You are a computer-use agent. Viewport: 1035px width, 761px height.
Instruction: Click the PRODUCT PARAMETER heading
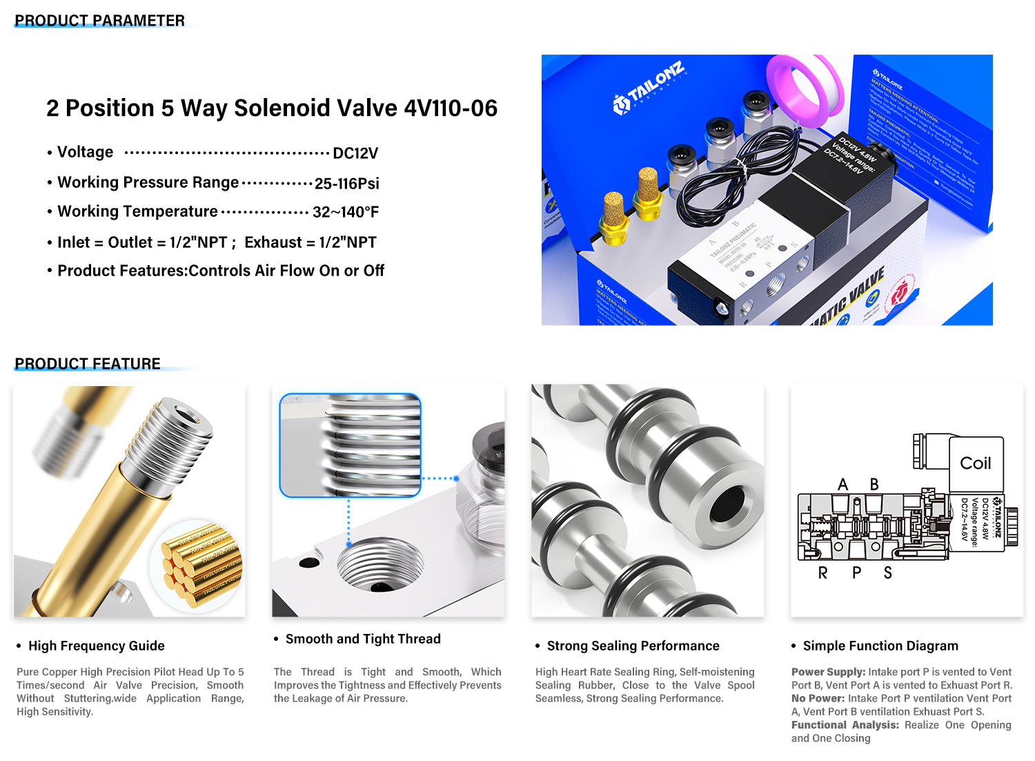[x=100, y=21]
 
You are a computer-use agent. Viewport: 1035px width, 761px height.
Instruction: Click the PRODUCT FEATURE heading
[x=88, y=363]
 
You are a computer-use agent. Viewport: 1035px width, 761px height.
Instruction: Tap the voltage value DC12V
[x=355, y=153]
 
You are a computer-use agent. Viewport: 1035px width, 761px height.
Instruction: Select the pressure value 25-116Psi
[x=346, y=184]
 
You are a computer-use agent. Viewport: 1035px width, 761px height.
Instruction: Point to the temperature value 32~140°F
[x=346, y=212]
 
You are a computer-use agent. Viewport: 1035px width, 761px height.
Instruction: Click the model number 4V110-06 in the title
[x=451, y=108]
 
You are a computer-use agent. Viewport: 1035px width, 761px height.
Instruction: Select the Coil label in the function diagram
[x=975, y=463]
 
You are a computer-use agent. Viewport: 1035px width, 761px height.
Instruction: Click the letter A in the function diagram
[x=842, y=485]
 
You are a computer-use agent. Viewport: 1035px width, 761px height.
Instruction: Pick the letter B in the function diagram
[x=874, y=485]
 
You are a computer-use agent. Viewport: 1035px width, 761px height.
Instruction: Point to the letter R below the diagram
[x=822, y=573]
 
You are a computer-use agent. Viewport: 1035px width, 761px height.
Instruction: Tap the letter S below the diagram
[x=888, y=573]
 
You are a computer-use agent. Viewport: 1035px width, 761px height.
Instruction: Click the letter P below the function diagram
[x=856, y=573]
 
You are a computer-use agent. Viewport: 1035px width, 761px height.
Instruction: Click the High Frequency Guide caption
[x=97, y=646]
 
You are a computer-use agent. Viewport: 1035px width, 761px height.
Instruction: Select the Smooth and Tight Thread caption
[x=363, y=639]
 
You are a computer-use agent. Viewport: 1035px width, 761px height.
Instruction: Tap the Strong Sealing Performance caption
[x=633, y=646]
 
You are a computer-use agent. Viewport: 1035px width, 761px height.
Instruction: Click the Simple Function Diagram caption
[x=880, y=646]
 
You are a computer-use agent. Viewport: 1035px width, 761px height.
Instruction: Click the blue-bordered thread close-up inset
[x=350, y=445]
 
